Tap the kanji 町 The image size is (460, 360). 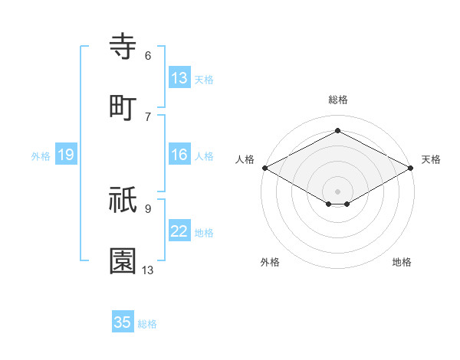point(123,107)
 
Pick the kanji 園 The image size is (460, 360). point(123,261)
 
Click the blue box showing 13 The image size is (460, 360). point(179,78)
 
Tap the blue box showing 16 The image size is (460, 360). point(179,155)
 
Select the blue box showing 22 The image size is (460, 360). point(179,232)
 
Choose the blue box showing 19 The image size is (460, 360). point(66,155)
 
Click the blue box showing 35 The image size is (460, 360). point(123,322)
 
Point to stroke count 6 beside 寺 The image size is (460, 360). point(147,56)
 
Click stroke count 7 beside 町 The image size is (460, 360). point(147,116)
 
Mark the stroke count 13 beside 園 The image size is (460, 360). point(148,270)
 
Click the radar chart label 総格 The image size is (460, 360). point(337,100)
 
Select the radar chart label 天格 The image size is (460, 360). point(431,159)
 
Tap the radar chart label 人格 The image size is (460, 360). point(245,159)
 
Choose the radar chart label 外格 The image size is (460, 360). point(270,262)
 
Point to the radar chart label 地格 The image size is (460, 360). point(402,262)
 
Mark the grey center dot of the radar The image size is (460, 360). point(337,191)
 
